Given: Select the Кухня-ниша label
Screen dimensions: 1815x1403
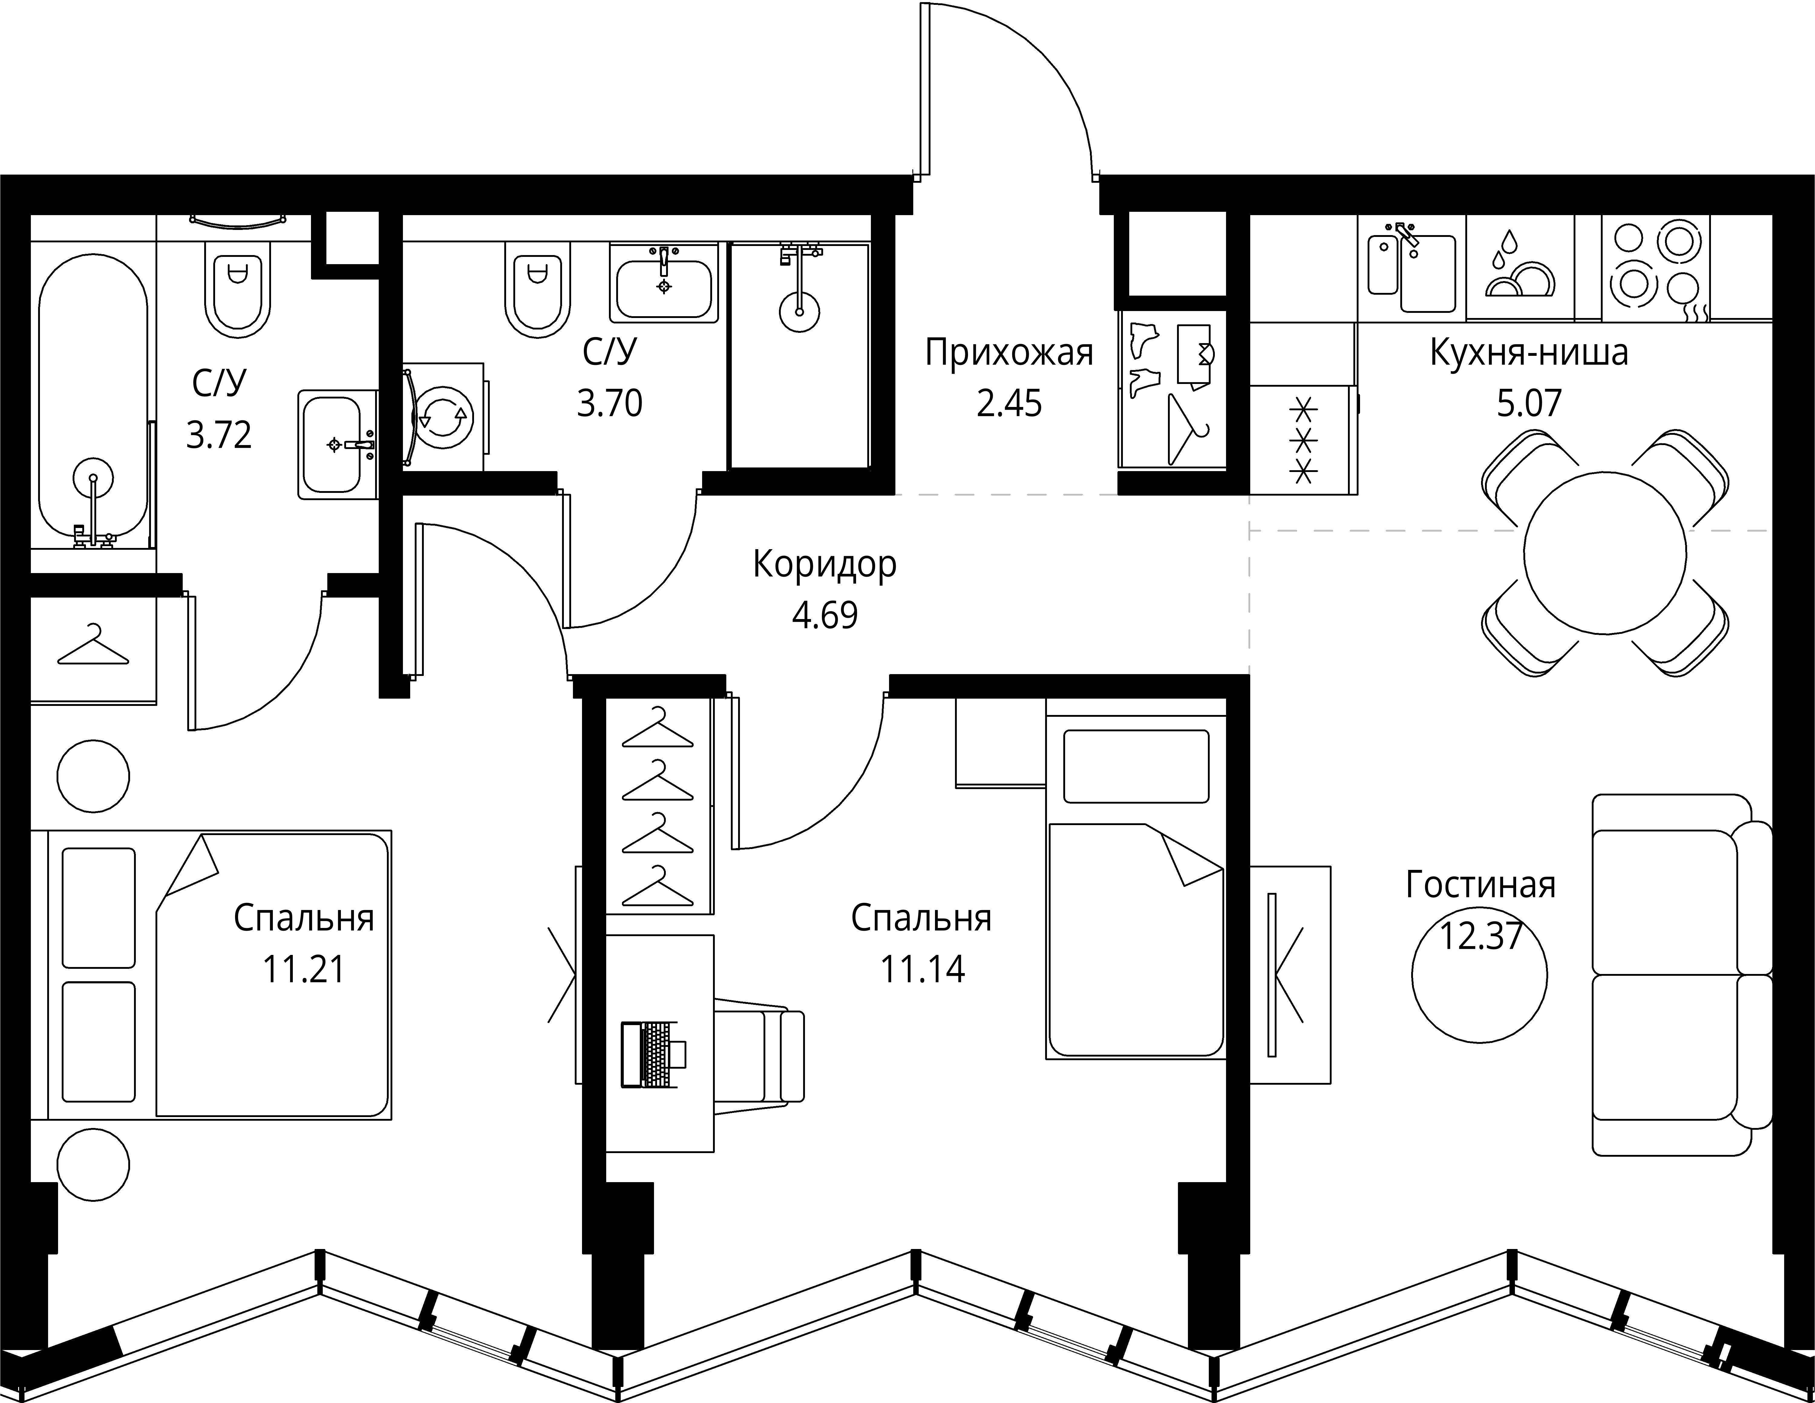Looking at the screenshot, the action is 1529,353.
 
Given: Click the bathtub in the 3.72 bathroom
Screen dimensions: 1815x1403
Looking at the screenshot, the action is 93,399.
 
